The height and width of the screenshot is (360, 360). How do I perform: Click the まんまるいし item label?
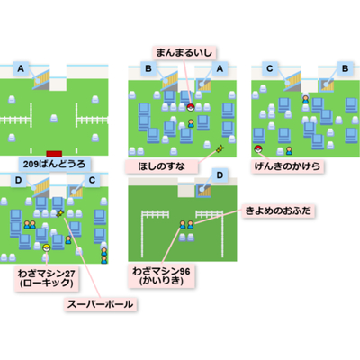pyautogui.click(x=184, y=53)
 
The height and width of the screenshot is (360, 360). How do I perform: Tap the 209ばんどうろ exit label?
pyautogui.click(x=54, y=164)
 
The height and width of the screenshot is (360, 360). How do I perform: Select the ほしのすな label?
pyautogui.click(x=162, y=166)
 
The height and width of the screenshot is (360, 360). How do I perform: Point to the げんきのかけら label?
pyautogui.click(x=287, y=166)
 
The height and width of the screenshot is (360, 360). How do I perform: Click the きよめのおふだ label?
pyautogui.click(x=278, y=211)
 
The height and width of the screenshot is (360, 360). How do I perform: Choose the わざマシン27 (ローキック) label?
pyautogui.click(x=47, y=278)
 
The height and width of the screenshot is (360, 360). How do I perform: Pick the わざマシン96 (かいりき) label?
pyautogui.click(x=161, y=276)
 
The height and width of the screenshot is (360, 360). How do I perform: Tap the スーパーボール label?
pyautogui.click(x=100, y=304)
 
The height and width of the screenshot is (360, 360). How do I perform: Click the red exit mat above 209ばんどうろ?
pyautogui.click(x=54, y=154)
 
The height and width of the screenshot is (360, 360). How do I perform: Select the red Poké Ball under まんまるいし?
pyautogui.click(x=191, y=107)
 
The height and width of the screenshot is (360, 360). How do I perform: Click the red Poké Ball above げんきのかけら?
pyautogui.click(x=257, y=148)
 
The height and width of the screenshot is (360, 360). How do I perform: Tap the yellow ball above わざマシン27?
pyautogui.click(x=47, y=247)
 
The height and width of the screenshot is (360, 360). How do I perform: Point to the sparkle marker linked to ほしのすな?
pyautogui.click(x=220, y=148)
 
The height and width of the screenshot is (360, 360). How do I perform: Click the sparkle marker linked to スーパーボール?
pyautogui.click(x=60, y=213)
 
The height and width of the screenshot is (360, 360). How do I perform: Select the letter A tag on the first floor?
pyautogui.click(x=21, y=68)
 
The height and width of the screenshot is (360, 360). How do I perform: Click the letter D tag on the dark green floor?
pyautogui.click(x=220, y=175)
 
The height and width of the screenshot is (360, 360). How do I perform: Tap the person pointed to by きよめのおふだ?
pyautogui.click(x=191, y=224)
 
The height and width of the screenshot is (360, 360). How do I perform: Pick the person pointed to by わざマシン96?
pyautogui.click(x=183, y=224)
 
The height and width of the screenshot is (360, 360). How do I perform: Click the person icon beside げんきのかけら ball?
pyautogui.click(x=289, y=150)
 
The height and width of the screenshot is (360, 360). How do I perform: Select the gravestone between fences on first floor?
pyautogui.click(x=54, y=119)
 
